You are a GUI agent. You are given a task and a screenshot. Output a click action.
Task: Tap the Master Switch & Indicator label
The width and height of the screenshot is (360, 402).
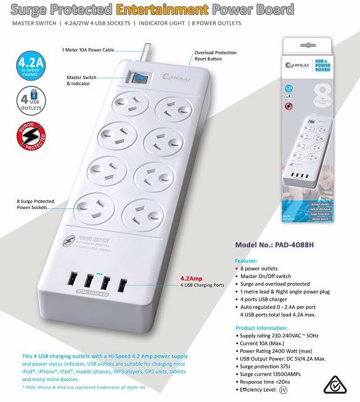click(x=89, y=81)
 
